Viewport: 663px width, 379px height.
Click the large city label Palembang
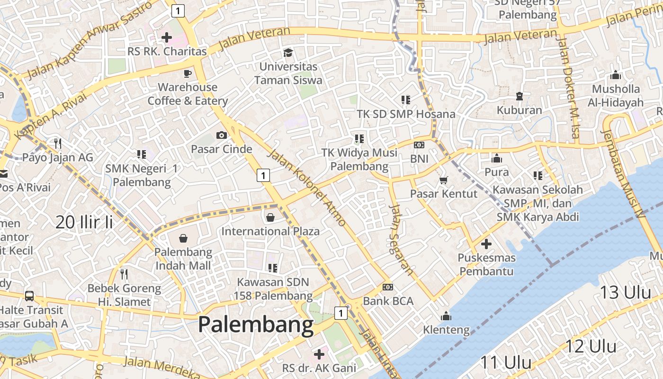[x=256, y=325]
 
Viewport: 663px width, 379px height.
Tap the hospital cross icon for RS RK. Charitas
[x=167, y=37]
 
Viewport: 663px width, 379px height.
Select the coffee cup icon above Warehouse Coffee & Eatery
[x=188, y=73]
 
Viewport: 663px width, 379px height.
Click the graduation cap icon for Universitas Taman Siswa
[x=288, y=53]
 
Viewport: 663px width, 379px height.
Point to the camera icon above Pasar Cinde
[x=221, y=135]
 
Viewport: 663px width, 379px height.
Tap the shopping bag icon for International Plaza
[x=270, y=217]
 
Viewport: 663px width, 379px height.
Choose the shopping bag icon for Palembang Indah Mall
[x=183, y=238]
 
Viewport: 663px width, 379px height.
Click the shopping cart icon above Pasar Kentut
[x=444, y=180]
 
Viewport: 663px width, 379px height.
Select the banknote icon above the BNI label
[x=419, y=145]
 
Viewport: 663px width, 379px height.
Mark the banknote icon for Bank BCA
[x=388, y=287]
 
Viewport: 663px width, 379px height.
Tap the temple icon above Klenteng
[x=446, y=316]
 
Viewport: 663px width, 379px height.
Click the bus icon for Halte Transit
[x=29, y=296]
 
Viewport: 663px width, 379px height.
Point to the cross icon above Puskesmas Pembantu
[x=486, y=244]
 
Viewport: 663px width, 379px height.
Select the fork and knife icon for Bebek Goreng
[x=124, y=274]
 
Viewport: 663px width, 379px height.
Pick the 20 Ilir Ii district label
[x=84, y=222]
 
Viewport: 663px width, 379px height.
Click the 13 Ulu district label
[x=626, y=292]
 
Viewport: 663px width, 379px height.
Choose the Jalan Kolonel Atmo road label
[x=307, y=187]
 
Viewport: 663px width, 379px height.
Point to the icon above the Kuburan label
[x=520, y=96]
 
